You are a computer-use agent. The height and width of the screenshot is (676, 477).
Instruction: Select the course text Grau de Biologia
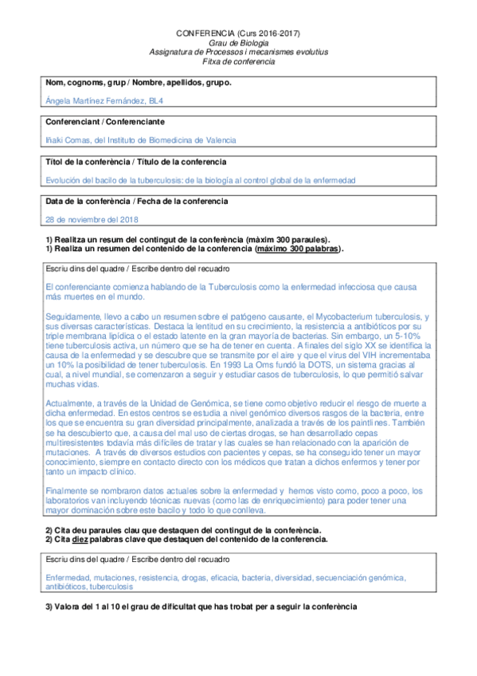(238, 42)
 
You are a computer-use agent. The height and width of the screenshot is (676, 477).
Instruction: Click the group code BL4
(158, 100)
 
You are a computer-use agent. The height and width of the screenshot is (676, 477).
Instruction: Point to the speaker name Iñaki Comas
(69, 140)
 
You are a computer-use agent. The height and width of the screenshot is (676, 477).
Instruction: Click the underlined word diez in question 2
(80, 539)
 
